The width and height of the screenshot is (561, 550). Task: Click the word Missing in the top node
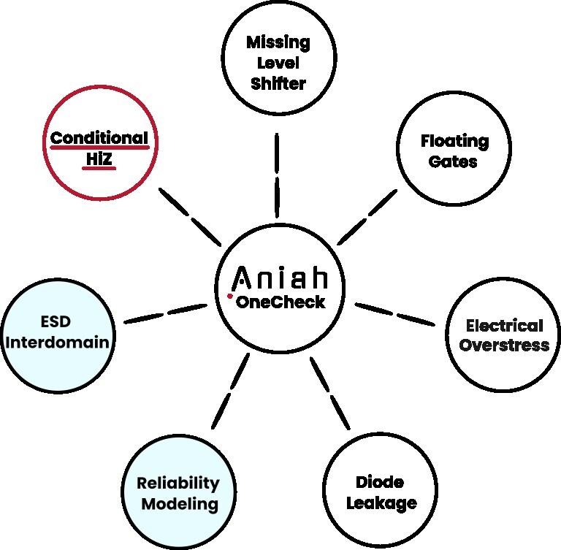[278, 42]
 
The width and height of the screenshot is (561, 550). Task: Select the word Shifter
[278, 83]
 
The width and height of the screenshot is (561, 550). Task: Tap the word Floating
[454, 141]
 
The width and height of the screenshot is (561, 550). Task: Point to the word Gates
[454, 161]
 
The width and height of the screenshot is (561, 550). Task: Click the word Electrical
[504, 325]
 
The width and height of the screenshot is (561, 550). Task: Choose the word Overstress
[504, 345]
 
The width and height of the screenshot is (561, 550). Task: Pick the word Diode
[380, 483]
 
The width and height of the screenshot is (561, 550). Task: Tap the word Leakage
[381, 503]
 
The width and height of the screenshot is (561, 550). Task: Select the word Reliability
[178, 484]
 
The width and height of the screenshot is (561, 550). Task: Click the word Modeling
[180, 503]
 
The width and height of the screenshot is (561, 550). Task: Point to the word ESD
[58, 321]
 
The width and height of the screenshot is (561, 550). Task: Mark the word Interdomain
[58, 341]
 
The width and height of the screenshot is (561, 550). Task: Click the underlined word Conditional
[99, 138]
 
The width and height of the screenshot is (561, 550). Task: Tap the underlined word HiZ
[99, 158]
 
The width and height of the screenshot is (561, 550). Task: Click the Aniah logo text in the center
[280, 278]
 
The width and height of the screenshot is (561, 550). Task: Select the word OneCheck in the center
[280, 302]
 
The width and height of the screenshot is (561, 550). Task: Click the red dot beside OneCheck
[229, 297]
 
